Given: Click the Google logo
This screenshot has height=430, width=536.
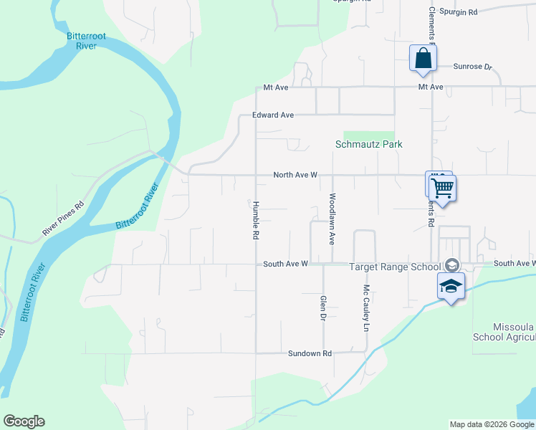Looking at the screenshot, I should coord(24,421).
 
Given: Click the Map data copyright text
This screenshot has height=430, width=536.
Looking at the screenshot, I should coord(492,424).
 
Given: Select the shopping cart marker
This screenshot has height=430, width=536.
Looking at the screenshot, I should coord(443,188).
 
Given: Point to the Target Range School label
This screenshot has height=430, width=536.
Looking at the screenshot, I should coord(394,267).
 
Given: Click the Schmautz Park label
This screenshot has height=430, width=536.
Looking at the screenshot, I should coord(369,144).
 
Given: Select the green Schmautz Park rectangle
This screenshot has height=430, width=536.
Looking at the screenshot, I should coord(369,135).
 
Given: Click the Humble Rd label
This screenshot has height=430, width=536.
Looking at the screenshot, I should coord(255,219).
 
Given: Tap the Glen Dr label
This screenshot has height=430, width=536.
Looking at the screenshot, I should coord(323,307).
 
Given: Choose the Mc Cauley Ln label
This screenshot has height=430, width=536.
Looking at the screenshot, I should coord(365,308).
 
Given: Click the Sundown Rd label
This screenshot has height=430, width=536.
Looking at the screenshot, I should coord(310,353).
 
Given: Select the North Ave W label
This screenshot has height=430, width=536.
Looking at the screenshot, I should coord(295,175).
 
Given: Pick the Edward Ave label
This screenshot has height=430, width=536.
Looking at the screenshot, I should coord(273,115).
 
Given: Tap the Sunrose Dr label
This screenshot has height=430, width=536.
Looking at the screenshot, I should coord(473,67).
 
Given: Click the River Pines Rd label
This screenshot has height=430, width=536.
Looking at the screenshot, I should coord(63,219).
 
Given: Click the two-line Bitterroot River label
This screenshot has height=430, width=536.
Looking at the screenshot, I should coord(81,40).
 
